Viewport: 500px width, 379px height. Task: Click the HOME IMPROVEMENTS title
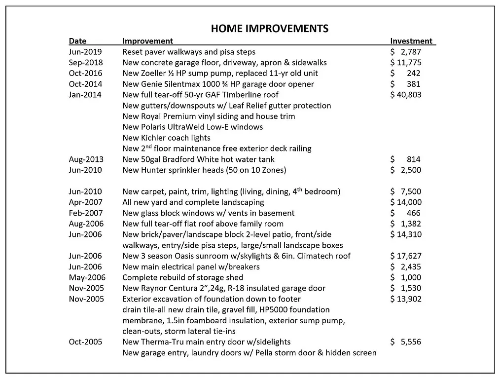269,28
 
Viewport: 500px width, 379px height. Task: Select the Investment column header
411,41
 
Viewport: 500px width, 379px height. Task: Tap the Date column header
77,41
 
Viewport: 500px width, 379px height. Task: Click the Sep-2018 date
86,63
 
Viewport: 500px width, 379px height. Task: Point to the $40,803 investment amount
405,95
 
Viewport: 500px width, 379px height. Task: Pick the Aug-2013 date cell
86,159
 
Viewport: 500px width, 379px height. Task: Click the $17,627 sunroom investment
405,256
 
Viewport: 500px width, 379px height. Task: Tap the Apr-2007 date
86,202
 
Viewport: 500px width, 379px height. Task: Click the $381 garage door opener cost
406,84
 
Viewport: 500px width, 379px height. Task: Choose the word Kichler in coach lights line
153,138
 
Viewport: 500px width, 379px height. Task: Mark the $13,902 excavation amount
405,299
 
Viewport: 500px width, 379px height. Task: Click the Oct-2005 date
85,342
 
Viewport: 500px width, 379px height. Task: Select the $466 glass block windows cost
406,213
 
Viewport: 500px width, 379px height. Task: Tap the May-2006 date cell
87,277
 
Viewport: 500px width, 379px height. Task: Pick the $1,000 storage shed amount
405,277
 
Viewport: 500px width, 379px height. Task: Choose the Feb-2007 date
86,213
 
